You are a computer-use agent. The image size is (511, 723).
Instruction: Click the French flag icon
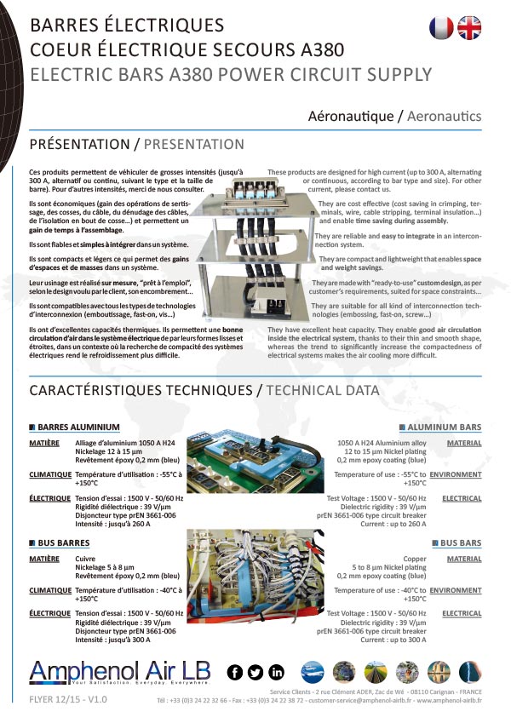442,28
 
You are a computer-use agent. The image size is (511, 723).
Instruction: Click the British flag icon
469,28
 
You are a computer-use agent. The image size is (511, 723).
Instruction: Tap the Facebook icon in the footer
236,672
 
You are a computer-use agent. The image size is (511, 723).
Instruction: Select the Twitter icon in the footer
255,672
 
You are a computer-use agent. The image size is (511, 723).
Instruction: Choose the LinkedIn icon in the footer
276,672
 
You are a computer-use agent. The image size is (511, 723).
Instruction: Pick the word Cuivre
85,559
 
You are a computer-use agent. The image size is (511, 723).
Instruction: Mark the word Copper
415,559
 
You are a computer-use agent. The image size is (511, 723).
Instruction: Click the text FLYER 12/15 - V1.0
68,699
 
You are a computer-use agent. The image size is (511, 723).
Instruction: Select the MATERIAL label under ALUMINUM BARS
464,443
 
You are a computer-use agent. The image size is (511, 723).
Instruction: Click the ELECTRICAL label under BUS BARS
462,613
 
